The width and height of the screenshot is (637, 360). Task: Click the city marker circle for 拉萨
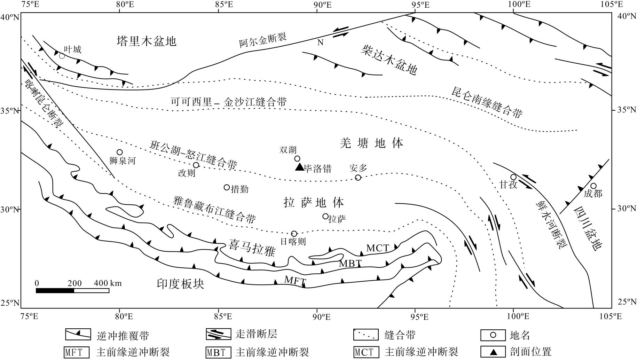click(x=325, y=216)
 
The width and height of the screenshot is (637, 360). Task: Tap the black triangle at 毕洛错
click(x=300, y=167)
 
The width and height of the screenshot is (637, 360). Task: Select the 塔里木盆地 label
click(x=147, y=41)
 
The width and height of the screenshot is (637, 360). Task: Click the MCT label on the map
click(x=378, y=248)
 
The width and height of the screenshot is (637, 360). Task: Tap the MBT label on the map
click(x=351, y=264)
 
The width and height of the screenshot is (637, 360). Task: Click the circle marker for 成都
click(x=593, y=186)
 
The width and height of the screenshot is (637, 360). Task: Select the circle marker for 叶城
click(x=62, y=56)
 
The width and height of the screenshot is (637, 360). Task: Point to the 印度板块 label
click(x=180, y=284)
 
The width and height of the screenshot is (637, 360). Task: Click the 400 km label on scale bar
click(x=108, y=283)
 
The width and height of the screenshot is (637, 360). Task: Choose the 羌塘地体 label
click(x=371, y=143)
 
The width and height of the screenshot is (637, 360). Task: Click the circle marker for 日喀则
click(x=294, y=234)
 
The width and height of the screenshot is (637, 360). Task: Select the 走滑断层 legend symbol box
click(x=218, y=335)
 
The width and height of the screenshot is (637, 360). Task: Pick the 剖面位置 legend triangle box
click(x=493, y=352)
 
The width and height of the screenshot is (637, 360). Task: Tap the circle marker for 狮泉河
click(x=120, y=152)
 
